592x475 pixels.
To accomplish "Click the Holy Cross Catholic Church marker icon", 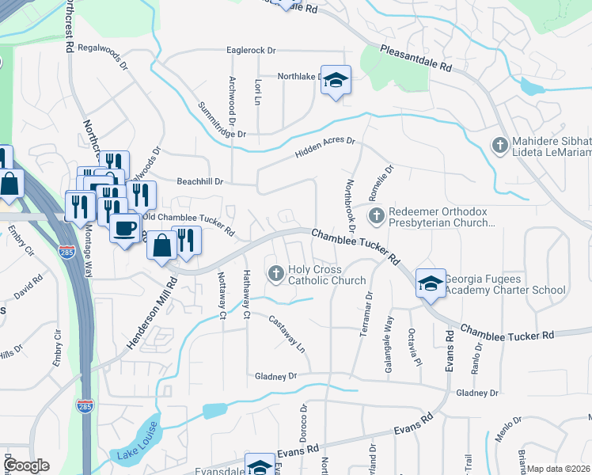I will point(277,274).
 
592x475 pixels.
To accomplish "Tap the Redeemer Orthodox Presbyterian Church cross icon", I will point(377,215).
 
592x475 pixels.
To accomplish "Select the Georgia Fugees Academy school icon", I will point(431,283).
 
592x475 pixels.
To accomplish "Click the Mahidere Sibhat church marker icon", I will point(499,145).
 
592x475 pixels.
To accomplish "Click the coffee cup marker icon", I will point(125,229).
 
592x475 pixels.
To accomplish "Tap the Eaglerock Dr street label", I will point(250,50).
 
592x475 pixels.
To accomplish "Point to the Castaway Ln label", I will point(287,333).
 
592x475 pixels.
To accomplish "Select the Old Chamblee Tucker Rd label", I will point(188,223).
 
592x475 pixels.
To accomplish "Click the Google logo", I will point(26,465).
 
